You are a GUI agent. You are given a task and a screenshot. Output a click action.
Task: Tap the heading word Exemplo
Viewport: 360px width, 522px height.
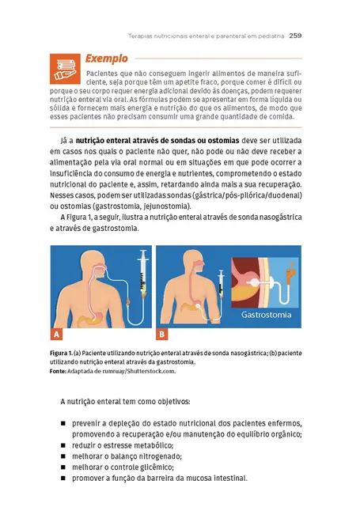pyautogui.click(x=107, y=59)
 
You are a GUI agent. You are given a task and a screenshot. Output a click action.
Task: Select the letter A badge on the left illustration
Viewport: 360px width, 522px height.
pyautogui.click(x=57, y=333)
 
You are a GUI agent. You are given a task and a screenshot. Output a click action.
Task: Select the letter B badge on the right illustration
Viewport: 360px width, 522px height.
pyautogui.click(x=162, y=333)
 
